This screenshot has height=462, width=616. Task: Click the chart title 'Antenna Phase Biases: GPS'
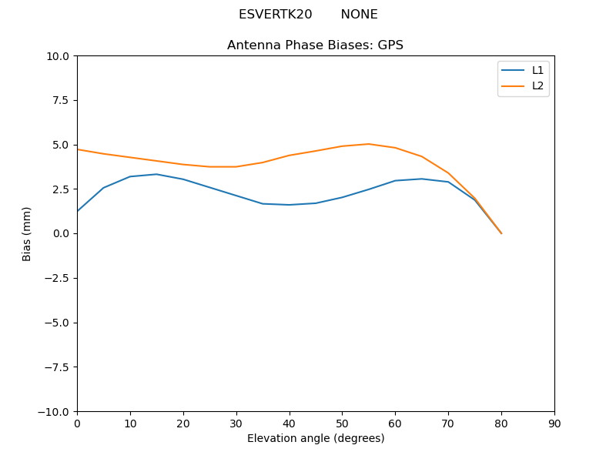pos(315,45)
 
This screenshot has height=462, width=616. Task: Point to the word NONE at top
pos(359,15)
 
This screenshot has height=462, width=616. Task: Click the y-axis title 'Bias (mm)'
pos(27,233)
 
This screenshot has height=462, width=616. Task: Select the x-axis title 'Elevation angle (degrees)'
pos(316,438)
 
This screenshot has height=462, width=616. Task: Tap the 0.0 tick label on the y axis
pos(61,233)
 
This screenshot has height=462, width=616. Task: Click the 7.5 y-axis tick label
pos(61,100)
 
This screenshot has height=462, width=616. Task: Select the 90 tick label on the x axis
pos(554,423)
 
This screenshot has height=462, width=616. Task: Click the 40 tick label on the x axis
pos(290,423)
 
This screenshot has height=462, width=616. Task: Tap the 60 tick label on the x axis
pos(395,423)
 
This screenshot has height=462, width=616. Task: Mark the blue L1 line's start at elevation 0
pos(77,211)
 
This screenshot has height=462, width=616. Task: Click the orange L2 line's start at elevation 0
pos(77,149)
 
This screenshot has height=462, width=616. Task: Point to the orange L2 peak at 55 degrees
pos(369,144)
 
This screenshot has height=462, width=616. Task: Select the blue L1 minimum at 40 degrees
pos(290,205)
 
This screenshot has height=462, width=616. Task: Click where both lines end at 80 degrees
pos(501,233)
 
